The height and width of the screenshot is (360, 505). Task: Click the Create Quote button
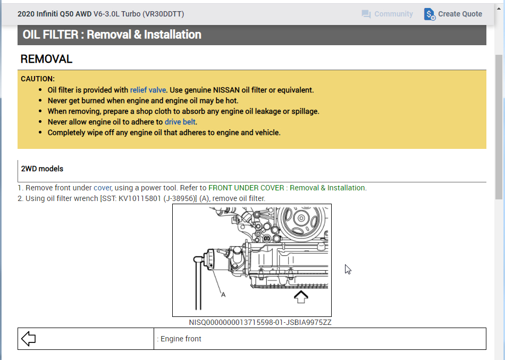click(x=453, y=14)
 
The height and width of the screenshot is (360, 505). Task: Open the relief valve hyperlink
click(x=148, y=90)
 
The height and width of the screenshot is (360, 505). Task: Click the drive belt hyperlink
click(x=180, y=122)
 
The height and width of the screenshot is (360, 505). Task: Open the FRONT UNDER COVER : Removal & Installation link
click(x=287, y=188)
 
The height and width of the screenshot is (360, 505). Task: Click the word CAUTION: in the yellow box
click(x=38, y=79)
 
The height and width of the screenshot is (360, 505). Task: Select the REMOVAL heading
click(x=46, y=59)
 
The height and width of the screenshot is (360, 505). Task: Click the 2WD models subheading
click(x=42, y=169)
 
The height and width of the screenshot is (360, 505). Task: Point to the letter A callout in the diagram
click(x=223, y=294)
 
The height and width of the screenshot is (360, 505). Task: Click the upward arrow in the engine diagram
click(x=301, y=297)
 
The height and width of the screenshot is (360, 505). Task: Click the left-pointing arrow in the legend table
click(x=28, y=339)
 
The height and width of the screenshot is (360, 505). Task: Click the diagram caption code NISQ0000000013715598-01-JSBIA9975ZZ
click(x=260, y=322)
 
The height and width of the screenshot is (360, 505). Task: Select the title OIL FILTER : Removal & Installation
click(x=112, y=35)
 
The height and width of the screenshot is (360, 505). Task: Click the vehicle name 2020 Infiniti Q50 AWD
click(x=54, y=14)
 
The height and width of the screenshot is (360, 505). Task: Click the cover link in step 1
click(x=103, y=188)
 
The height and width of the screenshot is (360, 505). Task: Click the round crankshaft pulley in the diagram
click(x=301, y=220)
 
